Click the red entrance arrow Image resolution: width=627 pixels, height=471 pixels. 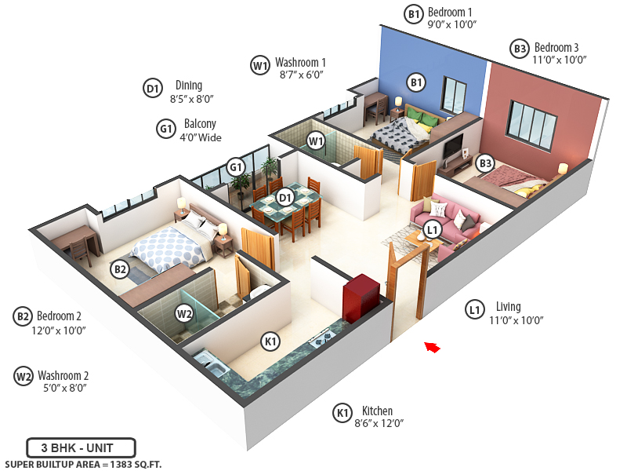click(432, 345)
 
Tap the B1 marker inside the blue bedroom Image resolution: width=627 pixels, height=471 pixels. click(416, 82)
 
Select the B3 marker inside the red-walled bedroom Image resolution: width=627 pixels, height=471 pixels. click(485, 163)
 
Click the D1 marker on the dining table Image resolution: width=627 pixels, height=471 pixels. click(285, 197)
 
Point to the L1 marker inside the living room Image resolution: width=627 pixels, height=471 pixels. click(431, 229)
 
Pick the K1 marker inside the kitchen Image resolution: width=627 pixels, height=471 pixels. click(270, 341)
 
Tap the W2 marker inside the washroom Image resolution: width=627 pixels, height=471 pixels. click(184, 314)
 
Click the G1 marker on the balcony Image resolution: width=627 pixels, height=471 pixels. click(235, 166)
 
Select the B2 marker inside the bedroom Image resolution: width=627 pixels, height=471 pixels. click(119, 269)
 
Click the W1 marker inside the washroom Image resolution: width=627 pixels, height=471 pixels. click(316, 141)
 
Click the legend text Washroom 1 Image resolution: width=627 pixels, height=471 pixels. click(300, 62)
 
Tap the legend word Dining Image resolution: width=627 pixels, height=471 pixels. click(189, 86)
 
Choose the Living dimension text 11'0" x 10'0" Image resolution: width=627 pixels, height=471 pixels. click(516, 319)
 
